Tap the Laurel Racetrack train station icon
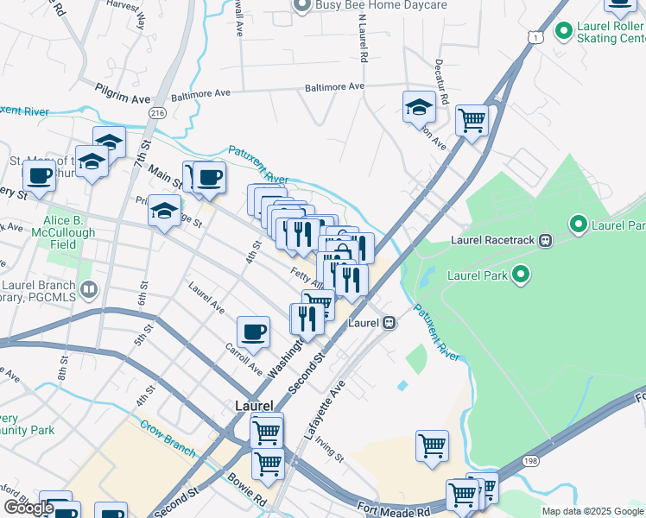tap(545, 240)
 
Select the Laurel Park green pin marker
tap(521, 275)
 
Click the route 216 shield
tap(157, 112)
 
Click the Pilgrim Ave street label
tap(123, 88)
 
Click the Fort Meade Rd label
tap(393, 511)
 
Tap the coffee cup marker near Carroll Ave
tap(254, 332)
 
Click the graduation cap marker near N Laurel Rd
tap(419, 107)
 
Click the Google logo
tap(28, 508)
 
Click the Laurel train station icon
tap(389, 322)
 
